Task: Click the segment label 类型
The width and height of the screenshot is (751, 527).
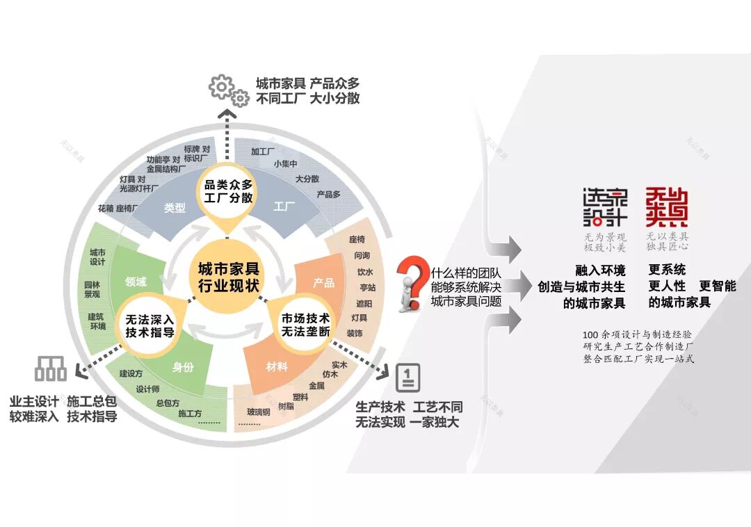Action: [175, 207]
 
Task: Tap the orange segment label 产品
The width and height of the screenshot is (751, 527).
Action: [323, 283]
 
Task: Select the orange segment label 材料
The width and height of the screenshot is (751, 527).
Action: [277, 366]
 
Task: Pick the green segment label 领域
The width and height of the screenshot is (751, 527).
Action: [136, 282]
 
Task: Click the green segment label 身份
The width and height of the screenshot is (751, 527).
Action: [183, 367]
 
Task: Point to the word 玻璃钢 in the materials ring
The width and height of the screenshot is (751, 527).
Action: [259, 412]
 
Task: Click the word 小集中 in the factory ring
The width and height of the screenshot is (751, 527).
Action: [285, 164]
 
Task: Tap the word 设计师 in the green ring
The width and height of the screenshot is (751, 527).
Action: [148, 389]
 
